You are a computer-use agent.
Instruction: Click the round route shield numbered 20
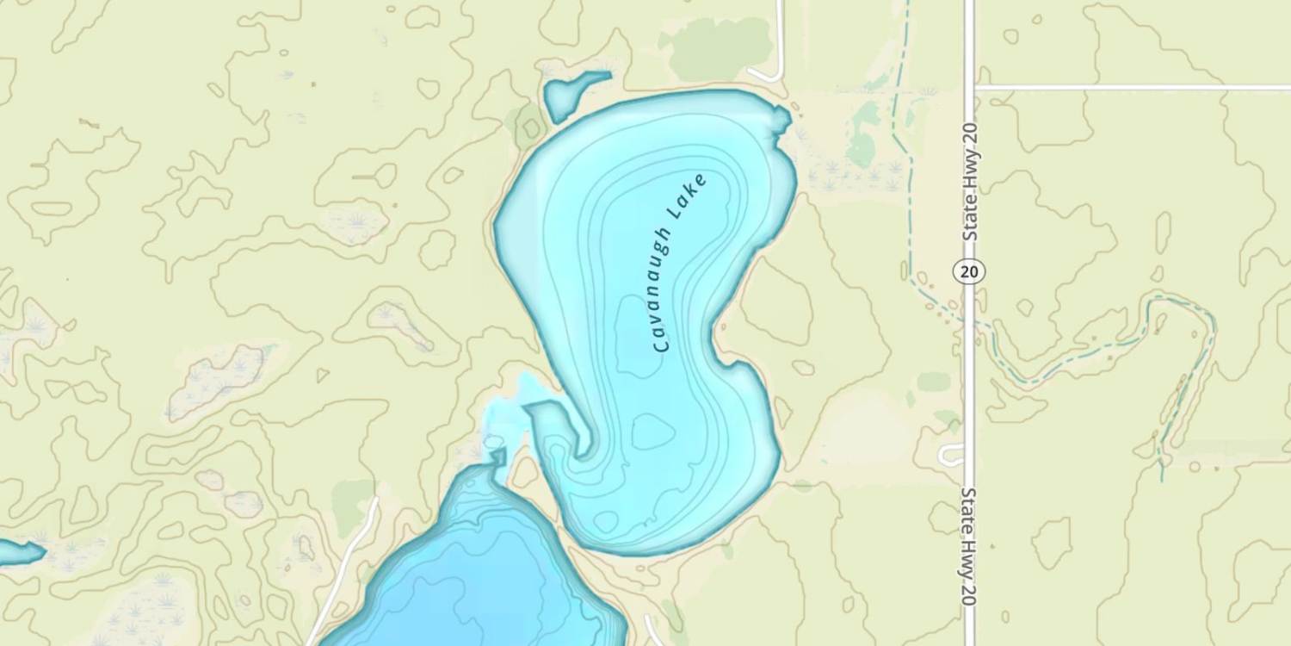(968, 272)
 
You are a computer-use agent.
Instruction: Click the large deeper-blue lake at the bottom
(482, 577)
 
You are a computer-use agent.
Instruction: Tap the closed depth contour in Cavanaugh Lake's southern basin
(652, 431)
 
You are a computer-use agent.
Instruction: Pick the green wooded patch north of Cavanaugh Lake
(719, 47)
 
